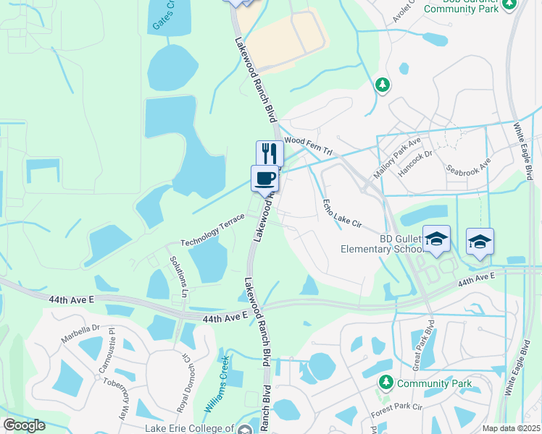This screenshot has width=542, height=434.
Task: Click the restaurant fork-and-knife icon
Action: pyautogui.click(x=269, y=153)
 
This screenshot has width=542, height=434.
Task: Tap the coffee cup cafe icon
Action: pyautogui.click(x=264, y=178)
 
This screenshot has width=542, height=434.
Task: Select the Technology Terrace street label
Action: pyautogui.click(x=213, y=231)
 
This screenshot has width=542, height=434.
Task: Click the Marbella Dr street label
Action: pyautogui.click(x=80, y=328)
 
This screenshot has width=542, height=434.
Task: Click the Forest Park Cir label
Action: pyautogui.click(x=396, y=406)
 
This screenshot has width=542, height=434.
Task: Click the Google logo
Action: pyautogui.click(x=24, y=425)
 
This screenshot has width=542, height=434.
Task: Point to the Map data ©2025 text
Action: pyautogui.click(x=511, y=428)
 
